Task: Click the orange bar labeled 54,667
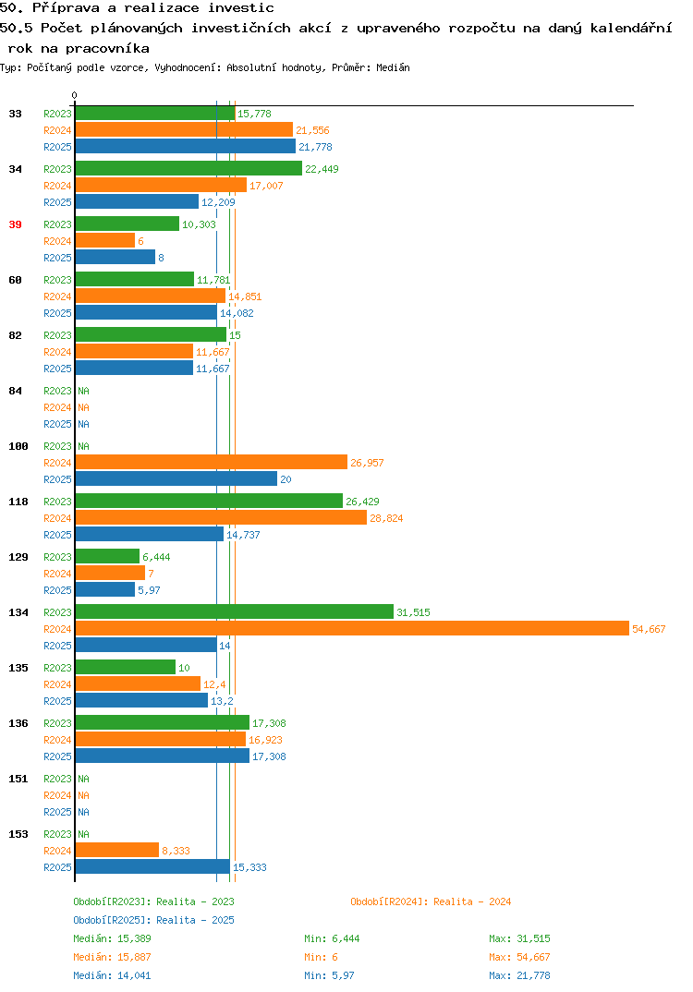[353, 628]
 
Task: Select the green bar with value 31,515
[235, 611]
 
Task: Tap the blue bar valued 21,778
[186, 146]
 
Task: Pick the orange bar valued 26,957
[212, 463]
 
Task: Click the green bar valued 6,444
[107, 556]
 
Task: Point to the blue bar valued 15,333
[152, 866]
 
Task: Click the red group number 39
[15, 224]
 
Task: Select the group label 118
[18, 502]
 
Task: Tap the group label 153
[18, 834]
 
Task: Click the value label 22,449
[322, 169]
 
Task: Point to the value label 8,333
[176, 851]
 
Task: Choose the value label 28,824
[386, 518]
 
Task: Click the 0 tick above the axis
[74, 95]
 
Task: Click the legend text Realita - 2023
[195, 901]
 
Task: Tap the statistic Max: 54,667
[519, 957]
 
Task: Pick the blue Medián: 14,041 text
[112, 975]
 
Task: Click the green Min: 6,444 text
[332, 938]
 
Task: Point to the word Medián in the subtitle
[393, 67]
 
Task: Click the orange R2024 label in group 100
[57, 463]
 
